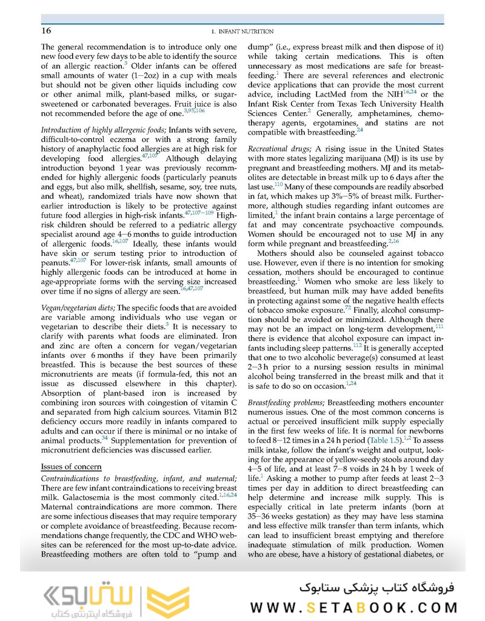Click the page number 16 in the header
(46, 31)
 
